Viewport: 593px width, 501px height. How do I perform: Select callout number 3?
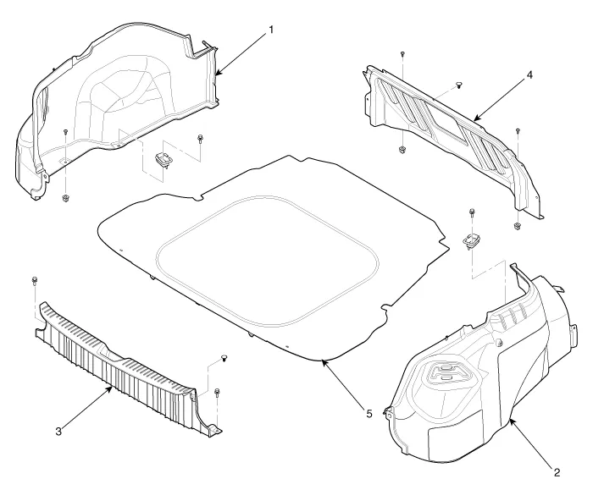coord(58,432)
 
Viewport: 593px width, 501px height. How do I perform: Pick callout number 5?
coord(368,413)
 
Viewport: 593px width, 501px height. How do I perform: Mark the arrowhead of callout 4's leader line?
coord(473,119)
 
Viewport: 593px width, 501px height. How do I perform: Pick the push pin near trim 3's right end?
coord(224,359)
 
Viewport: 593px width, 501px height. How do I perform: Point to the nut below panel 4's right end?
coord(517,226)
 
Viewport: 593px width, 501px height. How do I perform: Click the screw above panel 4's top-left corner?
coord(402,53)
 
